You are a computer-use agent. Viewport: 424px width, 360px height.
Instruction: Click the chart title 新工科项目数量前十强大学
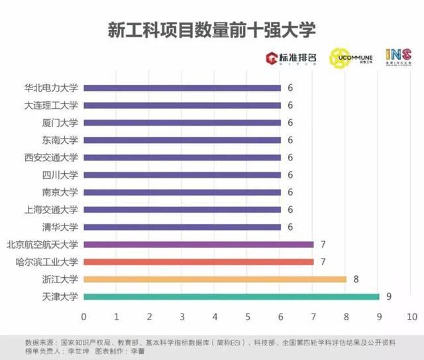(x=211, y=30)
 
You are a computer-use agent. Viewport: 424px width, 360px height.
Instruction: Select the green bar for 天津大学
(x=231, y=296)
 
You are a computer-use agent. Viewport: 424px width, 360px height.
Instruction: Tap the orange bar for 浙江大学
(x=215, y=279)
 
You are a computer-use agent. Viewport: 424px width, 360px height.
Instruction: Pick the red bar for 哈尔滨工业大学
(x=198, y=262)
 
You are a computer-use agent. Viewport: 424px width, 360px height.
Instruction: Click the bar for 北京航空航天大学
(x=198, y=245)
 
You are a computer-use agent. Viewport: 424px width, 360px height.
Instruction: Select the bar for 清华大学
(x=182, y=227)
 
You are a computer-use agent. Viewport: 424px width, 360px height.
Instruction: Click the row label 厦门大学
(x=60, y=123)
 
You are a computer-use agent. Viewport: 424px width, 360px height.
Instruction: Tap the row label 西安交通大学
(x=51, y=158)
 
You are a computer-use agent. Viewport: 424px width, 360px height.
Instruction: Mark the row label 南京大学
(x=60, y=192)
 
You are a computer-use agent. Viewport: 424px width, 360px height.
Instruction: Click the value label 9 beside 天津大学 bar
(x=389, y=296)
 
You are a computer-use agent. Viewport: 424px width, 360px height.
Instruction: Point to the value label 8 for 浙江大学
(x=356, y=279)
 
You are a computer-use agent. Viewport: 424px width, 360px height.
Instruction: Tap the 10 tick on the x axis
(x=411, y=315)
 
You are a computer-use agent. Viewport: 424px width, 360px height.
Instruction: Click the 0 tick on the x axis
(x=84, y=315)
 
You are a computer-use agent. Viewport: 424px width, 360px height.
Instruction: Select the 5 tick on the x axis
(x=248, y=315)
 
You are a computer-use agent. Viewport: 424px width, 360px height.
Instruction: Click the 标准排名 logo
(x=291, y=58)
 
